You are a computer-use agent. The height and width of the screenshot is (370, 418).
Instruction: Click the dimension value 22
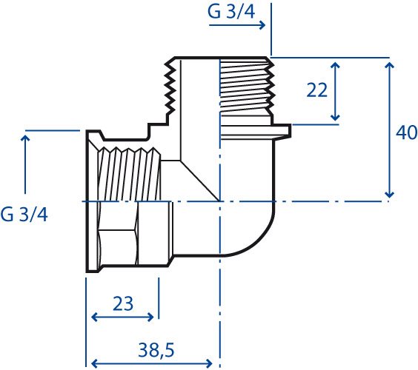(x=316, y=90)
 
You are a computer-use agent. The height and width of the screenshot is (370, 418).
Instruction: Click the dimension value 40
(x=407, y=132)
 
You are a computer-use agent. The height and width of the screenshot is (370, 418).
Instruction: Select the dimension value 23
(x=122, y=303)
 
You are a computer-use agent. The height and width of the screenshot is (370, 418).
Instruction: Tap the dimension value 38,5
(x=156, y=350)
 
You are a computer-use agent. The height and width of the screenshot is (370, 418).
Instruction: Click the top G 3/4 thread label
(x=231, y=12)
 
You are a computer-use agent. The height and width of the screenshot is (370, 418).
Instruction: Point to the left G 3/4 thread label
(x=24, y=215)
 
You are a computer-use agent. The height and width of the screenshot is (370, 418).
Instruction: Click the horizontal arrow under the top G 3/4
(x=237, y=25)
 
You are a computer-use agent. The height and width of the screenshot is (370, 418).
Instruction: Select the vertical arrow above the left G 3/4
(x=25, y=164)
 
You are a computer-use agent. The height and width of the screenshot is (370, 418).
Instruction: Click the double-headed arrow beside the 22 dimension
(x=335, y=91)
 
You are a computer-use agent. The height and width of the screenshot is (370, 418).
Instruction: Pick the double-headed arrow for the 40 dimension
(x=390, y=130)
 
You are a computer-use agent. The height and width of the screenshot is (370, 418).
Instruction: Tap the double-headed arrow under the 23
(x=122, y=317)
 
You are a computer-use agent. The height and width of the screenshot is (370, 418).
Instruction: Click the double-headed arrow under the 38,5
(x=152, y=363)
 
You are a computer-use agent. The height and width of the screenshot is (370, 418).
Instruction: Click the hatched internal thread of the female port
(x=130, y=175)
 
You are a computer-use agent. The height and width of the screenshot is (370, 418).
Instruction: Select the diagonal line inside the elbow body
(x=200, y=181)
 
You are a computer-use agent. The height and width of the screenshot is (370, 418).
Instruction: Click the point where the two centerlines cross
(x=220, y=201)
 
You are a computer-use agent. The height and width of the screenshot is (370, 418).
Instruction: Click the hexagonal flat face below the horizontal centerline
(x=118, y=247)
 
